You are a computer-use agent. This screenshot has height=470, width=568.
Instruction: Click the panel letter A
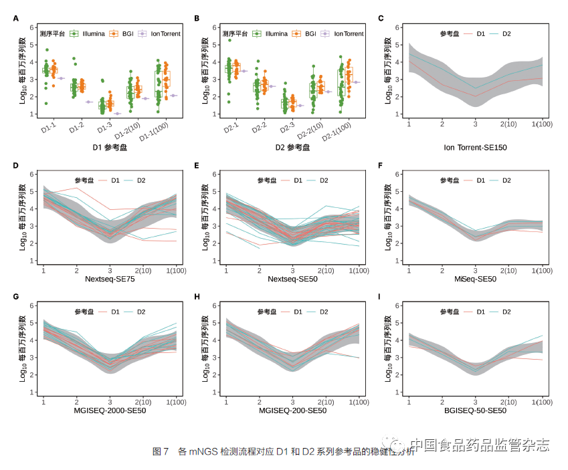coord(16,19)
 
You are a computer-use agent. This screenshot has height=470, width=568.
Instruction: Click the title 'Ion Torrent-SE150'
coord(476,146)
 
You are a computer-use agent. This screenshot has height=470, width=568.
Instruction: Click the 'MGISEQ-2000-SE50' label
coord(110,409)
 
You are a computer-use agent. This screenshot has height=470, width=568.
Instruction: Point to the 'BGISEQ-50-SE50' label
coord(476,409)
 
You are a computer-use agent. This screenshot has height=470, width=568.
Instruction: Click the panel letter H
coord(197,296)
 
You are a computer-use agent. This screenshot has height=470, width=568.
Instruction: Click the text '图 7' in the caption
coord(161,452)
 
